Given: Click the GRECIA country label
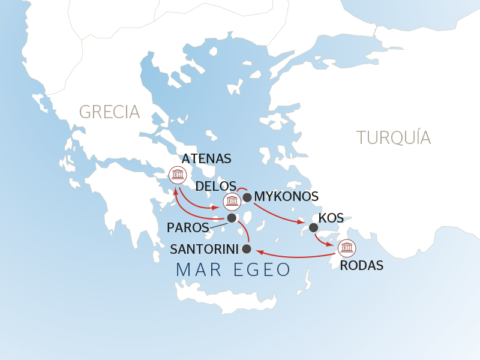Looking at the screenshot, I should (x=109, y=112).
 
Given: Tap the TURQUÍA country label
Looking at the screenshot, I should (x=394, y=137).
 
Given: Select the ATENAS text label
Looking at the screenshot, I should (x=206, y=159).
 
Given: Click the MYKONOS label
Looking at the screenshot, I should (x=286, y=197).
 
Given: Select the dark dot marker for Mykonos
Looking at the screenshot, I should (x=247, y=197).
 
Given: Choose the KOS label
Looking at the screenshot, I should (x=331, y=218).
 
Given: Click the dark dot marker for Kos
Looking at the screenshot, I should (x=313, y=227).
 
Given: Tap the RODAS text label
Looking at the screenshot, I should (x=361, y=266).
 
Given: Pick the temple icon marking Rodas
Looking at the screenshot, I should (x=346, y=248).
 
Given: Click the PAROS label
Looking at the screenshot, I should (x=188, y=228).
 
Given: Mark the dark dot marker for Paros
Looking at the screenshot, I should (x=232, y=218).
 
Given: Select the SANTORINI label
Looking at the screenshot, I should (x=205, y=248).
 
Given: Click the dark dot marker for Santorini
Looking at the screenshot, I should (x=246, y=248).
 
